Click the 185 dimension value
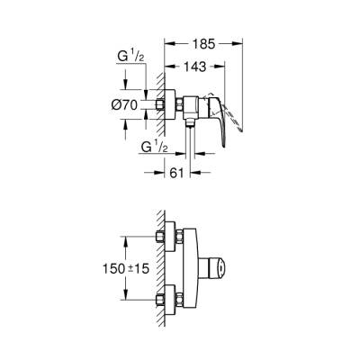(203, 41)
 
